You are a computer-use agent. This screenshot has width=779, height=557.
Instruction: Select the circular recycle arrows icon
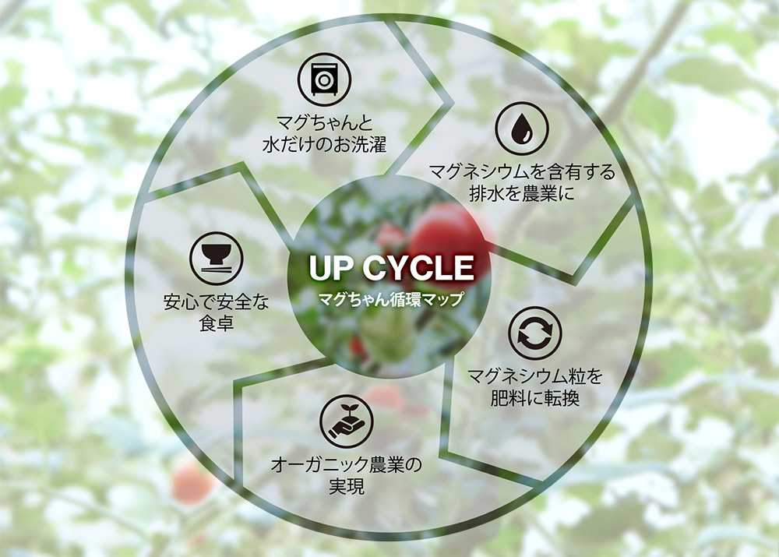tap(534, 333)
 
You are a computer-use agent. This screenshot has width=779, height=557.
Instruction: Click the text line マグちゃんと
tap(324, 124)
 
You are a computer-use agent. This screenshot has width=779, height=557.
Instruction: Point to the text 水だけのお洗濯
tap(324, 145)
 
